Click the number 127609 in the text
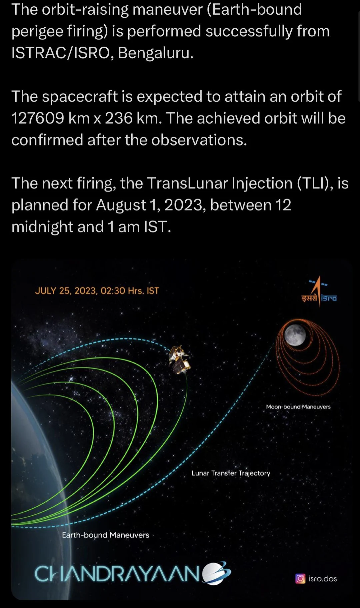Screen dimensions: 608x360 38,118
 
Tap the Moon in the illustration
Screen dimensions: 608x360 295,335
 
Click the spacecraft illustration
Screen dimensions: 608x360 180,360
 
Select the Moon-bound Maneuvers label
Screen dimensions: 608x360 298,406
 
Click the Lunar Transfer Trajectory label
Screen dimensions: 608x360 231,473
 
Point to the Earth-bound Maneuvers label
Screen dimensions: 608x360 105,535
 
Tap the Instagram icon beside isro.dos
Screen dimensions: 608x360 300,579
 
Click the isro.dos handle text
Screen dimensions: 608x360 323,579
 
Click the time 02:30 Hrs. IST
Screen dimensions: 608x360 130,291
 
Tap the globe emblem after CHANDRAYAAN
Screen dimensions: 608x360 216,573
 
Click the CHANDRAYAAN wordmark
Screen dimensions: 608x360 117,574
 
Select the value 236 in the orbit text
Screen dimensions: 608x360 119,118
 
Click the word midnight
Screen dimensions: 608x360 42,227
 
